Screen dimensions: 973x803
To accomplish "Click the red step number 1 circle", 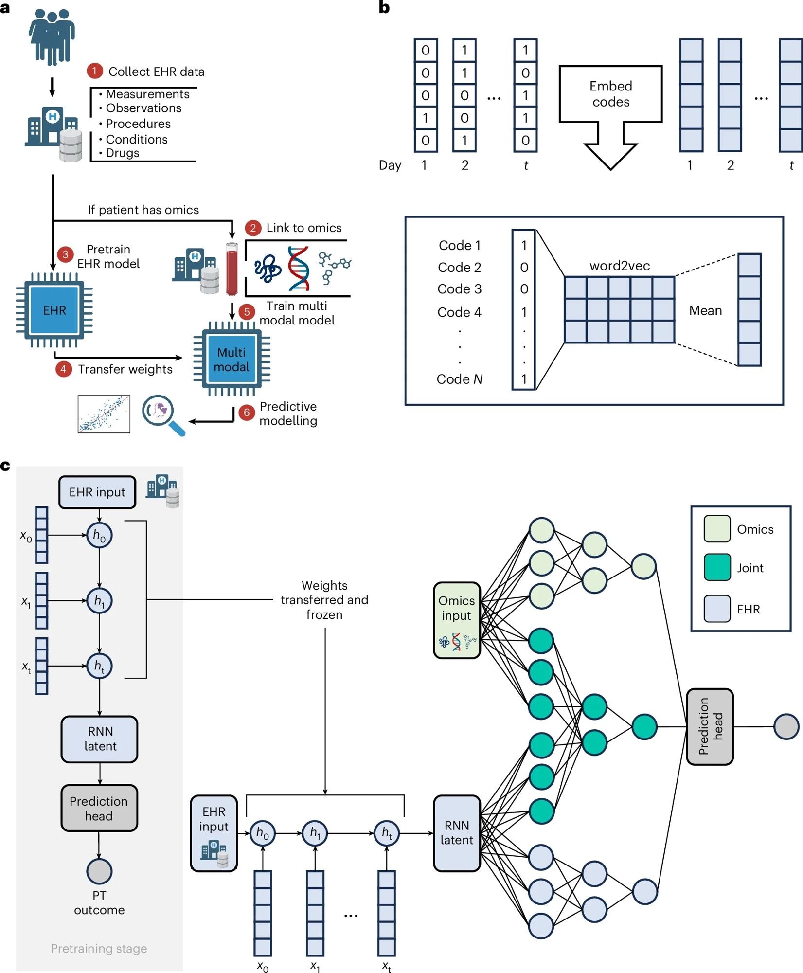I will pos(94,71).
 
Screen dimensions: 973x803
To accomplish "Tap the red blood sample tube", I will pos(232,269).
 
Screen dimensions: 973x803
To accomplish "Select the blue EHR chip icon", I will pos(54,310).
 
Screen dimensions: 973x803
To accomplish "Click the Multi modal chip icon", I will pos(232,360).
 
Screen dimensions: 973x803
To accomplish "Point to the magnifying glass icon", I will pos(162,414).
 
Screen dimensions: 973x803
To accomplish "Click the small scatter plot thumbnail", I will pos(104,414).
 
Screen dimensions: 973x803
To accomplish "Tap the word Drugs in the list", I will pos(123,153).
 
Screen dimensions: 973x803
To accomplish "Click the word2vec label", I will pos(620,266).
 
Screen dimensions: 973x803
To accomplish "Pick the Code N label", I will pos(459,379).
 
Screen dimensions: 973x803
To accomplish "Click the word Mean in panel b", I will pos(705,310).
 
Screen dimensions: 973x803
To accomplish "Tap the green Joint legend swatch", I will pos(717,567).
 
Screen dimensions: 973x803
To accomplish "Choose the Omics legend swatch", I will pos(717,529).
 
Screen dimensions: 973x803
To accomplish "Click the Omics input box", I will pos(457,620).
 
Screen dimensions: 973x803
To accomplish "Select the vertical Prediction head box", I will pos(710,726).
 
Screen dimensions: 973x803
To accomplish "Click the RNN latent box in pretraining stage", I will pos(99,739).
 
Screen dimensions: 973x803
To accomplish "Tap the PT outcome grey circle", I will pos(99,871).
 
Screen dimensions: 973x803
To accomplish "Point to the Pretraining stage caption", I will pos(99,948).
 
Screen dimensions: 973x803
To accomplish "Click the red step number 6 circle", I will pos(247,413).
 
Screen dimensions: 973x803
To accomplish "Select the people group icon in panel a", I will pos(52,36).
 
